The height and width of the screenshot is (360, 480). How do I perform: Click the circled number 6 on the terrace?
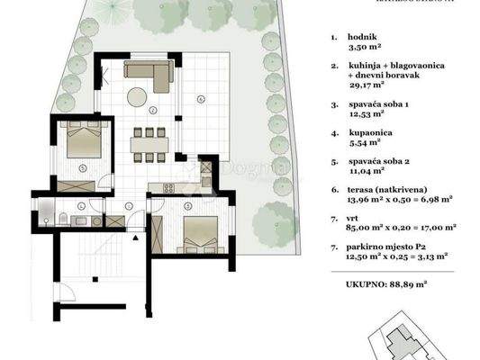(x=202, y=97)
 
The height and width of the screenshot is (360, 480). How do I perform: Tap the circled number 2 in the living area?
(x=153, y=111)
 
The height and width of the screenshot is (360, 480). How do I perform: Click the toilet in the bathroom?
(x=58, y=218)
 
